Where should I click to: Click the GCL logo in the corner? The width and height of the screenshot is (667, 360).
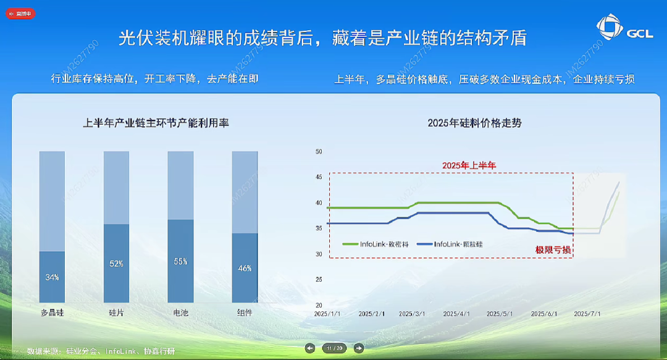pos(624,30)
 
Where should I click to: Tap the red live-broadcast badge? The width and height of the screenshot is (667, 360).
pos(20,13)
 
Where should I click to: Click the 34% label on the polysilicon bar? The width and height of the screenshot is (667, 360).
pos(52,277)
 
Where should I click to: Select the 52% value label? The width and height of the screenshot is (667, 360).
pos(116,264)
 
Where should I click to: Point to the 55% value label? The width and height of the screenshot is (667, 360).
pos(180,261)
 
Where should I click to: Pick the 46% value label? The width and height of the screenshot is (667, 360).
pos(245,269)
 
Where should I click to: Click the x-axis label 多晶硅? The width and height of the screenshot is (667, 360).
pos(52,312)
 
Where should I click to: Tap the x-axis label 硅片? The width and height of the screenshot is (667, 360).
pos(116,312)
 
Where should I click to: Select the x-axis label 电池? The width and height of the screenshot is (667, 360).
pos(180,312)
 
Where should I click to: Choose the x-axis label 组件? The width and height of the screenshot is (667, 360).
pos(245,312)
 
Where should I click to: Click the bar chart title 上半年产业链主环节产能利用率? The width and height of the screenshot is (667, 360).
pos(156,123)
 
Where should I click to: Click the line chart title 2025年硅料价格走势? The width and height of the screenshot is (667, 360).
pos(474,123)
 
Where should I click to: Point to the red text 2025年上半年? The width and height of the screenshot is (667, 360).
pos(469,165)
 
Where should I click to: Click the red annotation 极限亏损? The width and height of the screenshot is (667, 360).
pos(553,250)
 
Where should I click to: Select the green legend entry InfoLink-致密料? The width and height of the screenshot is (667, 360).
pos(377,244)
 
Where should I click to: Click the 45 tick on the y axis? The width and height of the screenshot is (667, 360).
pos(319,177)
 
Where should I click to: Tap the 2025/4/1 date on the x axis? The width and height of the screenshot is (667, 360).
pos(458,314)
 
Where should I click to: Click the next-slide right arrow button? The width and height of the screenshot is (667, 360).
pos(359,348)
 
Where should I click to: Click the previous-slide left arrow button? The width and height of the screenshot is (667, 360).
pos(311,348)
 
